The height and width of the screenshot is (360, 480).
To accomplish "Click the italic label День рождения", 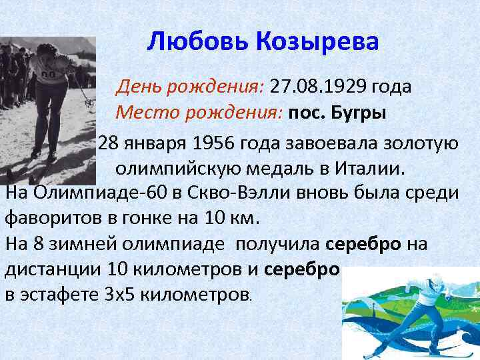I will pos(191,87).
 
